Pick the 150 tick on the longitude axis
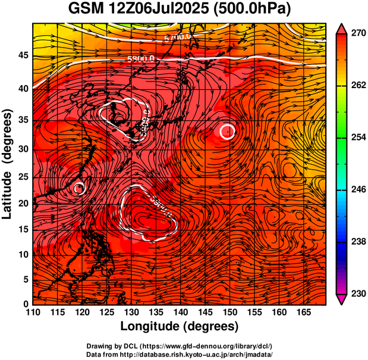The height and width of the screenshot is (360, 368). pos(229,312)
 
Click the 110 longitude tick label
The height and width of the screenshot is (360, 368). pos(33,312)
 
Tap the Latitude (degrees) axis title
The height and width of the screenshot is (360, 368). pos(8,164)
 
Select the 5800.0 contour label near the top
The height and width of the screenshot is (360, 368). pos(141,59)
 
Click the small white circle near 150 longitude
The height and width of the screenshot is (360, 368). pos(227,131)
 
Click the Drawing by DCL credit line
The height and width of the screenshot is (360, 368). pos(179,346)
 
